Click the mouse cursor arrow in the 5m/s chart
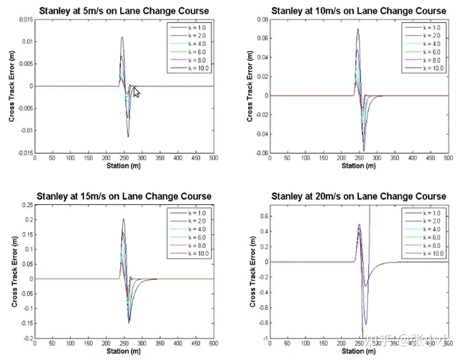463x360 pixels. coord(136,91)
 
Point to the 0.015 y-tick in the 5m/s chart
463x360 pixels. coord(24,19)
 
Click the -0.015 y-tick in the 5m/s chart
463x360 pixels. coord(23,153)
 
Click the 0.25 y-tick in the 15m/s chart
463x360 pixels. coord(26,205)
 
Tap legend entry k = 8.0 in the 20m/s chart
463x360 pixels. coord(429,246)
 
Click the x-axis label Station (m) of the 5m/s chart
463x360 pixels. coord(124,166)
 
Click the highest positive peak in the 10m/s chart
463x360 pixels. coord(357,29)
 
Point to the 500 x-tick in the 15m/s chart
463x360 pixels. coord(214,343)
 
